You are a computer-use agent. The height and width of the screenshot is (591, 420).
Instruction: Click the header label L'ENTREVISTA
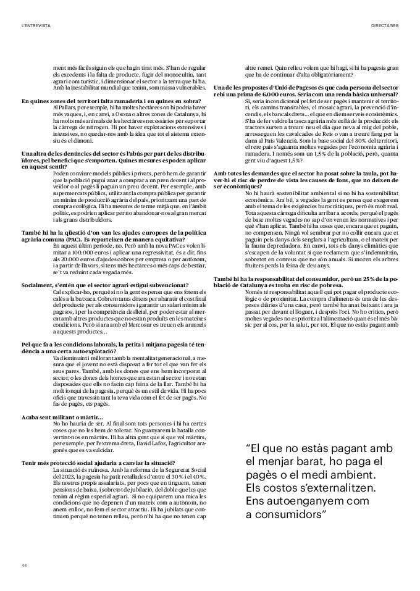click(35, 25)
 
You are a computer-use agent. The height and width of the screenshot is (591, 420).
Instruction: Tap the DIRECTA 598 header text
click(384, 25)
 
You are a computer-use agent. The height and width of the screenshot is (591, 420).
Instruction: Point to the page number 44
click(24, 564)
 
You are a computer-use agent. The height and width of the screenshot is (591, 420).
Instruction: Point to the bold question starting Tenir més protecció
click(99, 463)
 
